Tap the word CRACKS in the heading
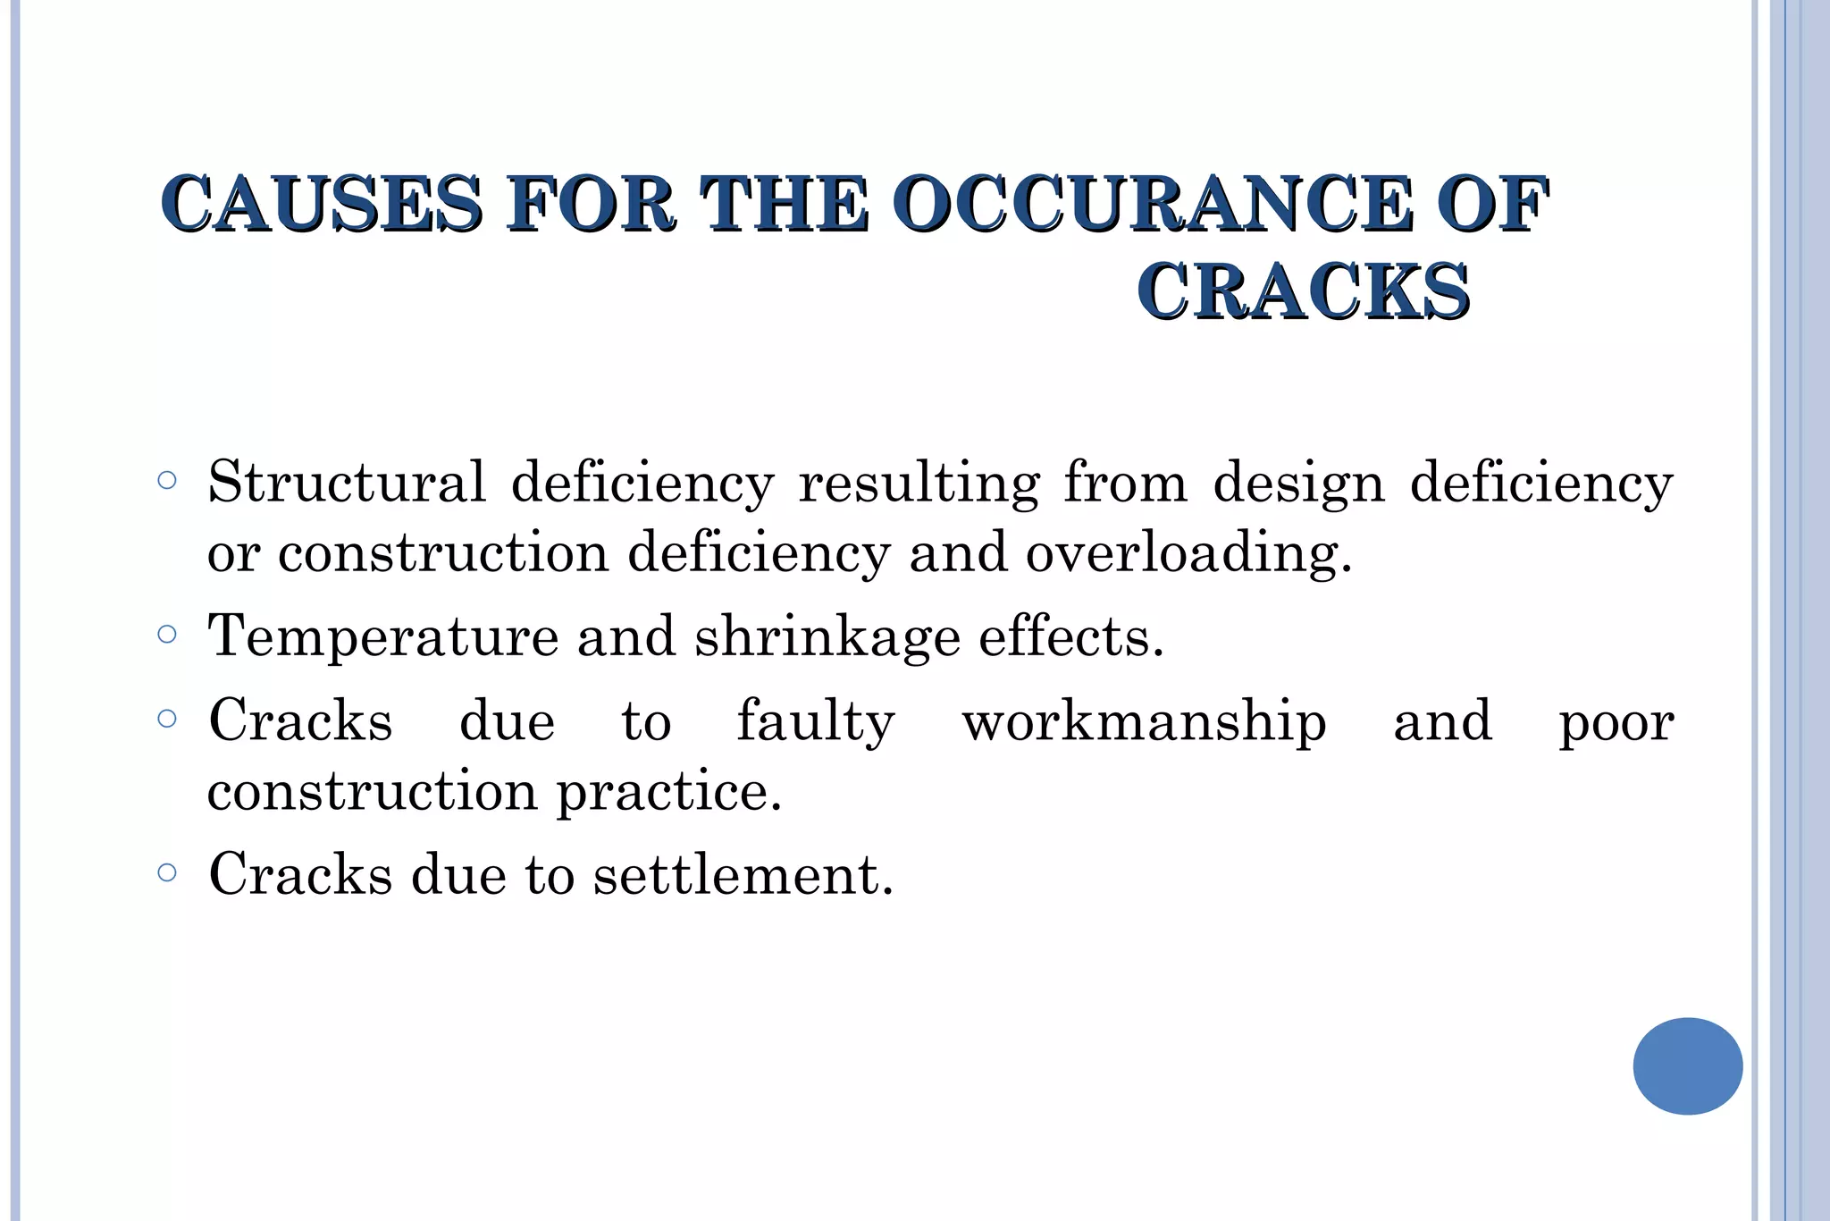point(1304,292)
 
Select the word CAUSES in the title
point(322,205)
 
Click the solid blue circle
point(1687,1065)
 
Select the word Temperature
point(383,636)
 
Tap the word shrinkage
point(827,638)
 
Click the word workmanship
point(1144,721)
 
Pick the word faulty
point(815,721)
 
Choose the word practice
point(669,792)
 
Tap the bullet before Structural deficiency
point(167,481)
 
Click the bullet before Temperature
point(167,635)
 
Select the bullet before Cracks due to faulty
point(167,719)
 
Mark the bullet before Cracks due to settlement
point(167,872)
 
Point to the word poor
point(1616,723)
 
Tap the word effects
point(1071,636)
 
